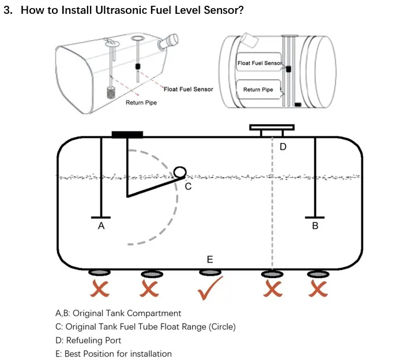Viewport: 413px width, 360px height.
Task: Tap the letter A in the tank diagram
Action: coord(101,227)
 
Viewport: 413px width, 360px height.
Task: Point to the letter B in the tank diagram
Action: coord(315,226)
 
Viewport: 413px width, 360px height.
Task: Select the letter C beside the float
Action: coord(187,187)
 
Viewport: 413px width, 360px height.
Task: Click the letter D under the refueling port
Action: coord(283,147)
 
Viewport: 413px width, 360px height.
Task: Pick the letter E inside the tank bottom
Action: coord(210,260)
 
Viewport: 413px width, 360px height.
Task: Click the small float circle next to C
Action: coord(179,172)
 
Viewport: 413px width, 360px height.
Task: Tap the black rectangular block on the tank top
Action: coord(127,134)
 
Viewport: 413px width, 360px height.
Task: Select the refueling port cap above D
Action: coord(272,127)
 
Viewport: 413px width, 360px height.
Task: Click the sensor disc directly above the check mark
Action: coord(210,273)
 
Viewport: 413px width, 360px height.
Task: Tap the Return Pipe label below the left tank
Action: coord(141,103)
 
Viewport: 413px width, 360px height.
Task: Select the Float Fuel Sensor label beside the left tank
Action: coord(189,89)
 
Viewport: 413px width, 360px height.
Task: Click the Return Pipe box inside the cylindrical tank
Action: coord(258,89)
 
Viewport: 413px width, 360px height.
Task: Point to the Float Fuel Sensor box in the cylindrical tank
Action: coord(260,63)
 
